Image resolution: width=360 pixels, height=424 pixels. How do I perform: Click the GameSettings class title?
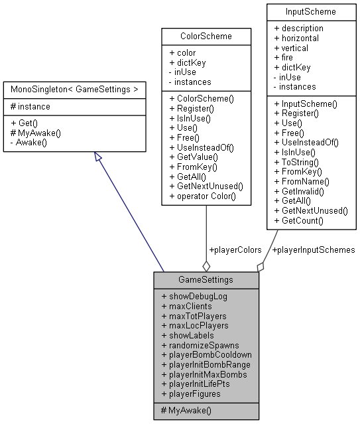(x=206, y=280)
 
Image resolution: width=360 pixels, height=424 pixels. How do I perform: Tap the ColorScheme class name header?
(x=206, y=36)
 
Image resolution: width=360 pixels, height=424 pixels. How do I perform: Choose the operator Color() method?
(x=202, y=196)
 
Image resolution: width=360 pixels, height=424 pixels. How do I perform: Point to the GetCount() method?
(x=302, y=220)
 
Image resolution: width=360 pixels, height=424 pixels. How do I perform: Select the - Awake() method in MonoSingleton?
(x=29, y=142)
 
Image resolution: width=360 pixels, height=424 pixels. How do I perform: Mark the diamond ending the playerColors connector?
(x=206, y=265)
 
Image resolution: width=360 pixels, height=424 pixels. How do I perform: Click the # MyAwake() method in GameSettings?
(x=186, y=411)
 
